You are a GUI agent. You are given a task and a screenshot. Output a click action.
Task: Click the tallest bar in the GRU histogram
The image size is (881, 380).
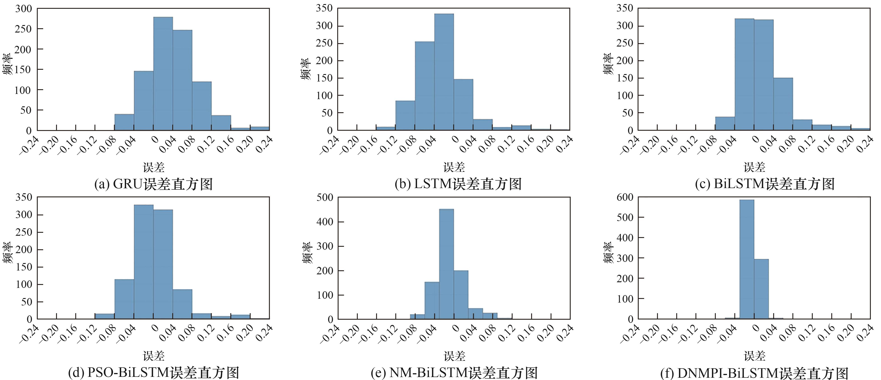point(163,73)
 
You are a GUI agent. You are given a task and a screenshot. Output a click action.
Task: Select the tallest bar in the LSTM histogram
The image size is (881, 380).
point(444,72)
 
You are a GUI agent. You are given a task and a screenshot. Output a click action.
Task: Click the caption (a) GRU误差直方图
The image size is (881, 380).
point(153,184)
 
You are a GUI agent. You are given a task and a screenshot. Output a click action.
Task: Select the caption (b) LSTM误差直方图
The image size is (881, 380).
point(458,184)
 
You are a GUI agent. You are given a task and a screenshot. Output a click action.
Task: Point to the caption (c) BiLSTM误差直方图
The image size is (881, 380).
point(765,184)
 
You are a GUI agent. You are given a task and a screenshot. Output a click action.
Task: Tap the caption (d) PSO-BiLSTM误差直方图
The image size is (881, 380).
point(153,373)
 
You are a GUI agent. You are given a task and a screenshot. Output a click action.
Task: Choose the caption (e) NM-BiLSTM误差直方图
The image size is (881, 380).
point(454,373)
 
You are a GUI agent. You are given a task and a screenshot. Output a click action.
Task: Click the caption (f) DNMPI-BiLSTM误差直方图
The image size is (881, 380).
point(754,373)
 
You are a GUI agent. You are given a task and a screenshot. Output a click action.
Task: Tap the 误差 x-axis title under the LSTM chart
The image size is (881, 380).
point(454,167)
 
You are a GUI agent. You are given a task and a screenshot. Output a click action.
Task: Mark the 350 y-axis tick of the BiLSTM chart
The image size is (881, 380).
point(625,8)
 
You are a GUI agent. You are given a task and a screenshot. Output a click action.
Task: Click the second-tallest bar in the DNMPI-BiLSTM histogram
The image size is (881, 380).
point(761,289)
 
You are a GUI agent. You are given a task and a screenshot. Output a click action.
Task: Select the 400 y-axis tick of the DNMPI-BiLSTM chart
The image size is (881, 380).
point(625,238)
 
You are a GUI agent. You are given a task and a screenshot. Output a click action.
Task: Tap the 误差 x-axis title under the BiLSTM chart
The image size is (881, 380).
point(754,167)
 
